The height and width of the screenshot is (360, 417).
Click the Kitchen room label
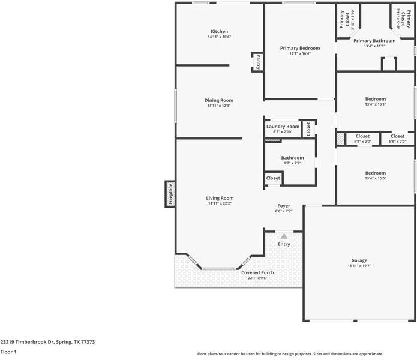point(220,31)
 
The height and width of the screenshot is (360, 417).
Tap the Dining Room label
point(219,100)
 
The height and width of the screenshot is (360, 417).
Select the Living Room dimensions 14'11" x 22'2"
point(220,203)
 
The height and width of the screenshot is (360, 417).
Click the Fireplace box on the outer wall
point(170,194)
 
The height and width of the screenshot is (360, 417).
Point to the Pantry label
point(258,62)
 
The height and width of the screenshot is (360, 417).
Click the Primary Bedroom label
point(300,48)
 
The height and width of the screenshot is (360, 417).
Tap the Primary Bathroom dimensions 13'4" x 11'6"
point(374,46)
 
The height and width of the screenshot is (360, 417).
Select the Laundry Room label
point(283,127)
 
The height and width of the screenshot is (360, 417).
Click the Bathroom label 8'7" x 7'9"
point(293,158)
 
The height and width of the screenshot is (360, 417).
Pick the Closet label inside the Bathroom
point(273,178)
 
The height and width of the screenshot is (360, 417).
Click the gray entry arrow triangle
point(284,236)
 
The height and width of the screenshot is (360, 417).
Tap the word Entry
point(284,244)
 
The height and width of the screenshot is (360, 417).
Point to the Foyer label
point(284,206)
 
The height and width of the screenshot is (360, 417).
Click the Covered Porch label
point(257,272)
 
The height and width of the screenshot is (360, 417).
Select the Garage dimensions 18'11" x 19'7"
point(359,266)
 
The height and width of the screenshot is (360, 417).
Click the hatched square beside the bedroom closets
point(341,139)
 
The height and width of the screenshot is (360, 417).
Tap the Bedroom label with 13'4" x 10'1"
point(376,99)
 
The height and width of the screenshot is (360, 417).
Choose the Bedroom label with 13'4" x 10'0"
point(376,173)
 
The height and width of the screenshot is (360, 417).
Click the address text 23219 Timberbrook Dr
point(27,342)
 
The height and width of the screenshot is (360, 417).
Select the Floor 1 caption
point(8,352)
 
